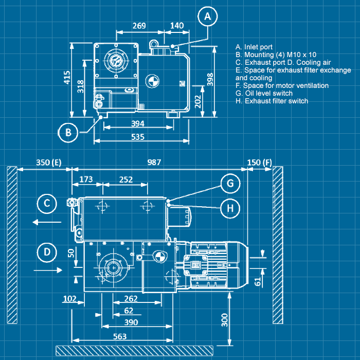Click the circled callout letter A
point(207,16)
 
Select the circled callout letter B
point(68,133)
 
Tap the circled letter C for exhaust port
point(46,204)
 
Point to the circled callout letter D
point(47,252)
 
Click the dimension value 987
point(154,162)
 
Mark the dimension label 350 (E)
point(48,162)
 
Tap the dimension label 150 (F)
point(260,162)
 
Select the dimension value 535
point(137,137)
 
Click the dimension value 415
point(67,77)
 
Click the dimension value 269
point(139,25)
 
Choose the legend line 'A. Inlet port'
point(254,47)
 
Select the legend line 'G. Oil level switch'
point(264,93)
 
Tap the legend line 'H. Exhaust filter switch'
point(272,101)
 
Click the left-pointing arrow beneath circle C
point(46,222)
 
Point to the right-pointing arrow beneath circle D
point(47,269)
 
